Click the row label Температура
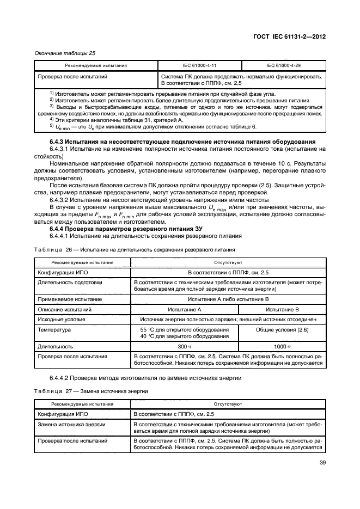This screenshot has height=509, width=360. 54,330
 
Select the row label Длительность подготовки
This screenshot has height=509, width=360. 66,283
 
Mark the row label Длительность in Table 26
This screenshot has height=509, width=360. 57,346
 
